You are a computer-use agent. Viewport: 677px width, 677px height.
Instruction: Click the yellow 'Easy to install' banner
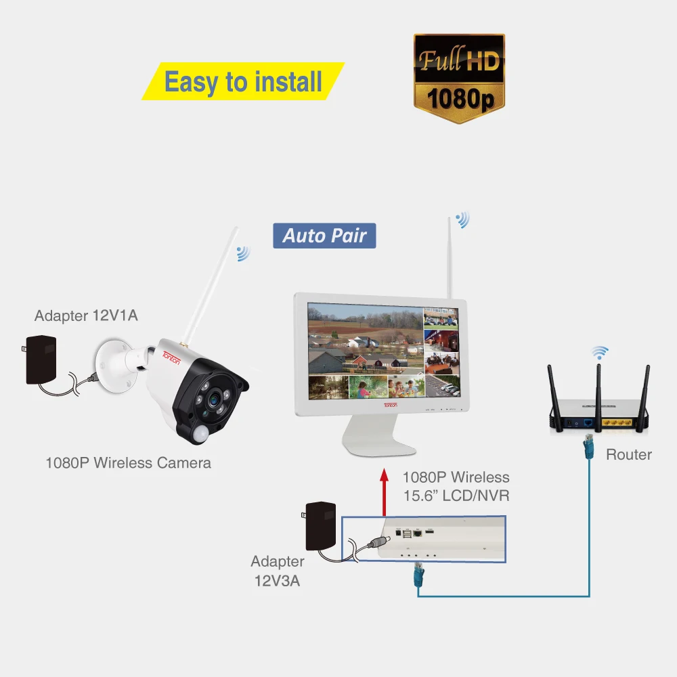pyautogui.click(x=243, y=81)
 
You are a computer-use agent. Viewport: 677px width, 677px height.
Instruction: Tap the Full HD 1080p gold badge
pyautogui.click(x=459, y=78)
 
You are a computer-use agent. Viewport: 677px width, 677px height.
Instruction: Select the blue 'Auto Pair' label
pyautogui.click(x=324, y=236)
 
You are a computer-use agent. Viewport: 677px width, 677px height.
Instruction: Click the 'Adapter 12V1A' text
pyautogui.click(x=87, y=315)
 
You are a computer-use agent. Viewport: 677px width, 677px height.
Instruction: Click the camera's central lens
pyautogui.click(x=214, y=399)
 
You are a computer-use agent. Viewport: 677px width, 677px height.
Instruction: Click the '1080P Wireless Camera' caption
pyautogui.click(x=128, y=463)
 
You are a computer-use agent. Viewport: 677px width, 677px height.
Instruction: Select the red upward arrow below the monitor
pyautogui.click(x=384, y=492)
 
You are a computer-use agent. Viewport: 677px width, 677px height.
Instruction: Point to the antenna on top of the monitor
pyautogui.click(x=449, y=258)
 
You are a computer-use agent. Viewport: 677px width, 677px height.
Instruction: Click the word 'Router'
pyautogui.click(x=629, y=455)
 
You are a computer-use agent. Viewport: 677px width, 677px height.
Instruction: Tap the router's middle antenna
pyautogui.click(x=599, y=397)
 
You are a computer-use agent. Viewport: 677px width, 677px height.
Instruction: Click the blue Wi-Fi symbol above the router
pyautogui.click(x=599, y=352)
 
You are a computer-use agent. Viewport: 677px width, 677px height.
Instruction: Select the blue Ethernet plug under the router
pyautogui.click(x=588, y=447)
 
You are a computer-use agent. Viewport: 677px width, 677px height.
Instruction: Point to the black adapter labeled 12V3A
pyautogui.click(x=320, y=526)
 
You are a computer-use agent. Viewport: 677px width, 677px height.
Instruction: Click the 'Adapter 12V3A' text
pyautogui.click(x=277, y=571)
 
